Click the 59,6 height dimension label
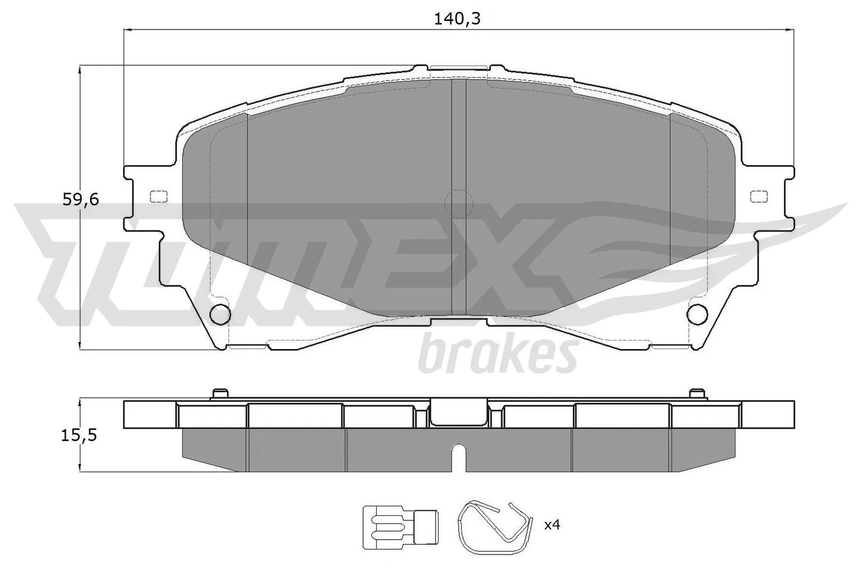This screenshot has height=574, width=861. coord(81,200)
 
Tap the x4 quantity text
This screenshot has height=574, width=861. coord(552,525)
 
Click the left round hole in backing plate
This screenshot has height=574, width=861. coord(220,314)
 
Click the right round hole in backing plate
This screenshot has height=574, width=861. coord(698,314)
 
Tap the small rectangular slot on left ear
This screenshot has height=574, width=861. coord(158,197)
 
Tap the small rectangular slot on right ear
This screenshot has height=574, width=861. coord(759,197)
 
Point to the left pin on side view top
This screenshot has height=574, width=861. coord(218,394)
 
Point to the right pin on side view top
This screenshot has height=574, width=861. coord(697,394)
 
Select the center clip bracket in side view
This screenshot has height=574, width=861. coord(458,413)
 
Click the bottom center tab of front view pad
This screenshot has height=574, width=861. coord(458,322)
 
